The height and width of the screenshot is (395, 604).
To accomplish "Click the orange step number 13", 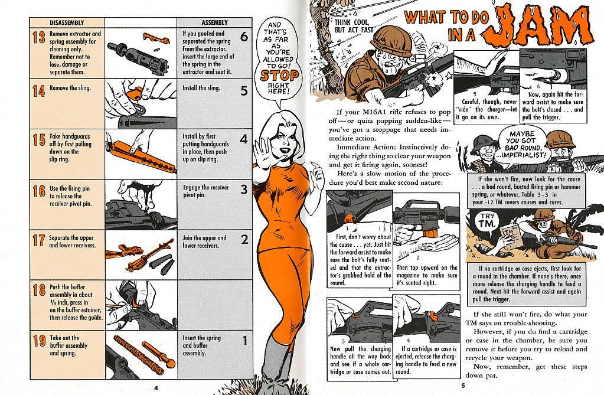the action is tap(39, 37).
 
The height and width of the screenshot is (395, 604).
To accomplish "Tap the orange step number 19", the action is tap(39, 341).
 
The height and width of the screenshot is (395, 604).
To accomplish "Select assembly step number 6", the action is tap(244, 37).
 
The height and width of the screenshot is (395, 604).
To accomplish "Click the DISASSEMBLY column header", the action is tap(67, 23).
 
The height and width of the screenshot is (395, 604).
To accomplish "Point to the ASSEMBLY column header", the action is tap(214, 23).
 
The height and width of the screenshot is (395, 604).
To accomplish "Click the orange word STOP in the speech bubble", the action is tap(279, 76).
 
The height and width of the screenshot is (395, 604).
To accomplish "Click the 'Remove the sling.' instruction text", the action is tap(70, 88).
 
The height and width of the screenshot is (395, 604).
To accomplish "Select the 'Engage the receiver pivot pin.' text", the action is tap(205, 191).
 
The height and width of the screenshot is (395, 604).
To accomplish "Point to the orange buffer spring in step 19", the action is tap(138, 355).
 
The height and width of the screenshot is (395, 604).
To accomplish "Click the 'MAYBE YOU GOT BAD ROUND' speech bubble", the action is tap(523, 145).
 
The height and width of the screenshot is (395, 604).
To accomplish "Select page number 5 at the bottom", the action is tap(463, 386).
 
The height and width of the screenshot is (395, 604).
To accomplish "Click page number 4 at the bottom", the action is tap(156, 388).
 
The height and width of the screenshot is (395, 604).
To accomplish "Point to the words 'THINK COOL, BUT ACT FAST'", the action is tap(354, 26).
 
